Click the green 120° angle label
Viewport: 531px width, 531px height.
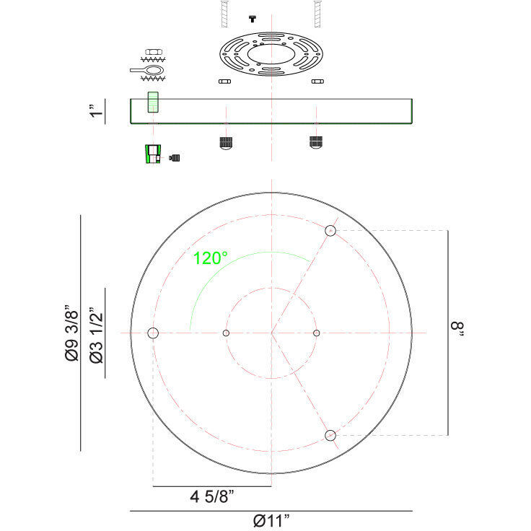coord(210,258)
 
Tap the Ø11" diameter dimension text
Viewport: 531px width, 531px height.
coord(271,520)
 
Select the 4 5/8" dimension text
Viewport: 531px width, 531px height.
coord(212,497)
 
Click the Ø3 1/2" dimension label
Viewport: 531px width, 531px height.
coord(96,335)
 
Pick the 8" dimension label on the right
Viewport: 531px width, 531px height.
coord(457,329)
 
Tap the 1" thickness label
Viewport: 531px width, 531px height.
coord(96,110)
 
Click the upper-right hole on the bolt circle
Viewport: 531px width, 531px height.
coord(330,231)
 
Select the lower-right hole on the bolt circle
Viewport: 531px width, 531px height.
coord(330,435)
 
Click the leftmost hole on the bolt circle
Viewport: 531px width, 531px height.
coord(153,333)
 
